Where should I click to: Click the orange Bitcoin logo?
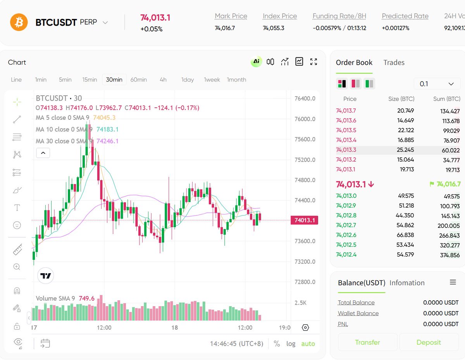[x=19, y=22]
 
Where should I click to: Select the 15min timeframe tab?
[x=90, y=79]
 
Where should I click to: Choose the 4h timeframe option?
[x=163, y=79]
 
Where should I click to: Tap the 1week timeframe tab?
[x=212, y=79]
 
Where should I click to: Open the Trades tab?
[x=394, y=62]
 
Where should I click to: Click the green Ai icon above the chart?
[x=256, y=62]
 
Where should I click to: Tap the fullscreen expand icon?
[x=313, y=62]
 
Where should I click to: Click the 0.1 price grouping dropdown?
[x=437, y=84]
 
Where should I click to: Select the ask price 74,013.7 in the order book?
[x=346, y=110]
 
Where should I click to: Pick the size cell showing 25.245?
[x=406, y=150]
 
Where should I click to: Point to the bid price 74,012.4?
[x=346, y=255]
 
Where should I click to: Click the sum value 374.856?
[x=449, y=255]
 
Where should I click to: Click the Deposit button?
[x=429, y=342]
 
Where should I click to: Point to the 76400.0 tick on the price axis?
[x=305, y=98]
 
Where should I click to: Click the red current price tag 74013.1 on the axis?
[x=305, y=220]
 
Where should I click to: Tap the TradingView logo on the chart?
[x=46, y=276]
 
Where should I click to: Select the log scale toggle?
[x=291, y=344]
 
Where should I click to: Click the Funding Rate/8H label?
[x=339, y=16]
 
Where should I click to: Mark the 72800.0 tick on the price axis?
[x=305, y=282]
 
